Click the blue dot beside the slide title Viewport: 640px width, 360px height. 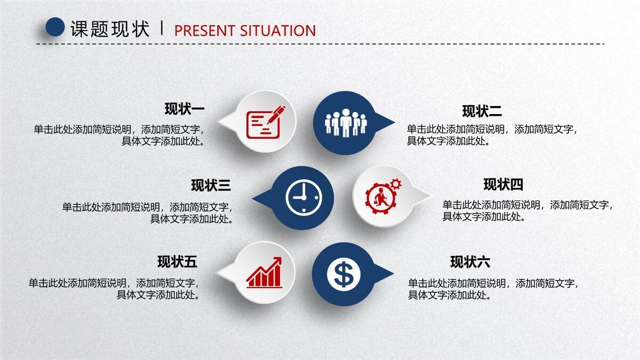coord(55,27)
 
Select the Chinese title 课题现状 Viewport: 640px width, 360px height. coord(110,29)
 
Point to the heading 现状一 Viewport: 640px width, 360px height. coord(185,109)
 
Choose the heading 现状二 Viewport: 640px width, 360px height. coord(482,111)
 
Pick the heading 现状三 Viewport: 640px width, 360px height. coord(211,186)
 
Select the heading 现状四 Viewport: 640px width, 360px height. coord(503,185)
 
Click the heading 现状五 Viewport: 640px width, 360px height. coord(177,262)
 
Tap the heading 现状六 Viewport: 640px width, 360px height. coord(470,262)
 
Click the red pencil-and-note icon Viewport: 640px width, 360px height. coord(265,122)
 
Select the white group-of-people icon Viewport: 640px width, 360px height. coord(346,123)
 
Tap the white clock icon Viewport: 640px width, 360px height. coord(304,198)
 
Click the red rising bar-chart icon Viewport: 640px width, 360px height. coord(264,273)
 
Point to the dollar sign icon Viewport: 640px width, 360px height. coord(343,274)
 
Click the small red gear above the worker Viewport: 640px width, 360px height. coord(396,185)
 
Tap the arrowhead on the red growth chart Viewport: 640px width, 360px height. coord(277,261)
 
